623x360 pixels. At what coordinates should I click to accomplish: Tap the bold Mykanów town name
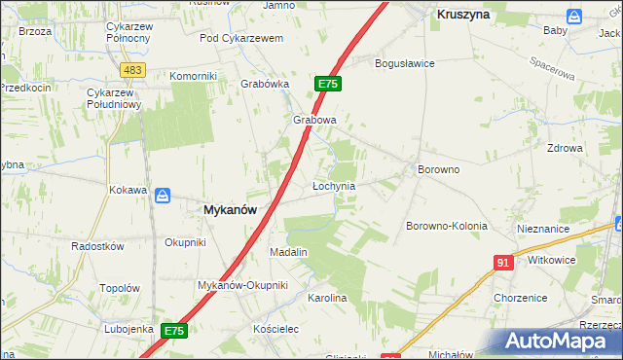[231, 209]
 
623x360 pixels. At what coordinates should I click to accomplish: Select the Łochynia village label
[333, 185]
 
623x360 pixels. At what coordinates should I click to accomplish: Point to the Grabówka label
[266, 84]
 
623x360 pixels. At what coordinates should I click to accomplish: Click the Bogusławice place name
[405, 63]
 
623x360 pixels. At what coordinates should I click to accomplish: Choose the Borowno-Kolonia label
[446, 226]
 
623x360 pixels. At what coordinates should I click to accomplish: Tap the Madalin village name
[288, 252]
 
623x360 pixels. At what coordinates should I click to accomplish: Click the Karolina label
[327, 298]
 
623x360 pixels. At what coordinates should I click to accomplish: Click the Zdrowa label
[565, 149]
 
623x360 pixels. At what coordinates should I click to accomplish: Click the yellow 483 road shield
[133, 70]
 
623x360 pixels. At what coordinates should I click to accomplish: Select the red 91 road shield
[503, 263]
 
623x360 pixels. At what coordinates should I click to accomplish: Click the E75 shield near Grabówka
[327, 85]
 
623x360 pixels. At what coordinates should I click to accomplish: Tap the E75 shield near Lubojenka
[174, 332]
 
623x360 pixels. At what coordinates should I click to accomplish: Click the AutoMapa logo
[555, 342]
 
